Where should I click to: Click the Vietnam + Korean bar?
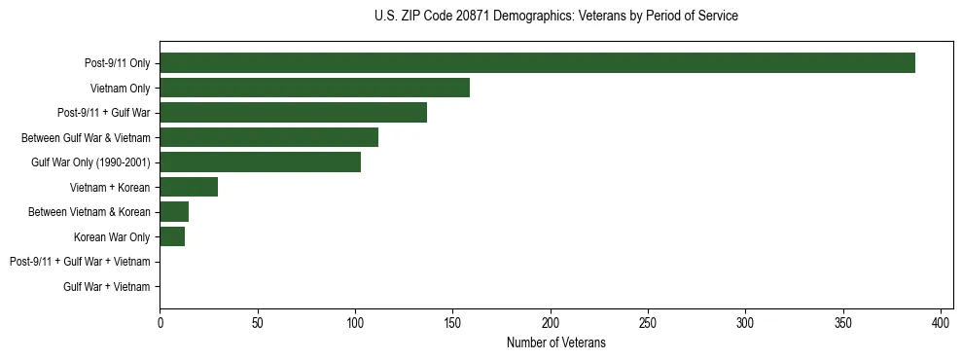pos(189,187)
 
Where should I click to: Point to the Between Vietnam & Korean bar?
pos(174,212)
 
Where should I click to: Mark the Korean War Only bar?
pos(172,236)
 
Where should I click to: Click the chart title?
pos(555,17)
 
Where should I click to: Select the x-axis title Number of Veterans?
pos(555,342)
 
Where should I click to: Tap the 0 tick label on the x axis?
pos(160,322)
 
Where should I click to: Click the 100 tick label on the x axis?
pos(355,322)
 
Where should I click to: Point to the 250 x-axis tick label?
pos(648,322)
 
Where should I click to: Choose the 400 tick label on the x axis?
pos(941,322)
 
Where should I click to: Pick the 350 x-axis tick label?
pos(843,322)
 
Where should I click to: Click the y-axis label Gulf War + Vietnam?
pos(107,286)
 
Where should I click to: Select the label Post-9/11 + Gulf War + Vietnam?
pos(80,262)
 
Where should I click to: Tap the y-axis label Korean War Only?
pos(112,236)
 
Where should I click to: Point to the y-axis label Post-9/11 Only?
pos(118,63)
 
